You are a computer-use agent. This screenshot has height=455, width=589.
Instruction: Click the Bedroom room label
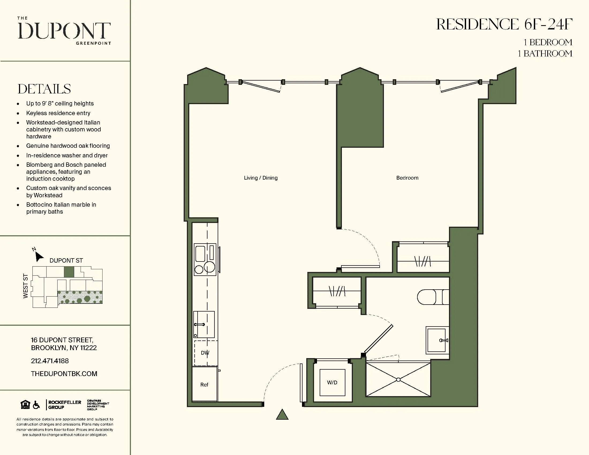click(x=407, y=178)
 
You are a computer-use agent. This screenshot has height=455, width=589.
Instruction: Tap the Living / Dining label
click(x=260, y=178)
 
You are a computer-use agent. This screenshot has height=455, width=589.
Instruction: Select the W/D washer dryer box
click(x=332, y=382)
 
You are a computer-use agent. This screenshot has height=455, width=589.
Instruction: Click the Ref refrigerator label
click(x=204, y=385)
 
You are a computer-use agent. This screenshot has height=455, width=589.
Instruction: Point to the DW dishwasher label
click(x=205, y=352)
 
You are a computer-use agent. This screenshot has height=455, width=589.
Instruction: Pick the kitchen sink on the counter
click(x=204, y=324)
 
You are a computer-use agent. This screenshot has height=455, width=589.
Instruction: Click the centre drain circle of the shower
click(x=398, y=380)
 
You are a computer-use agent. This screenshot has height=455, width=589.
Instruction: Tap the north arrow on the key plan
click(x=39, y=256)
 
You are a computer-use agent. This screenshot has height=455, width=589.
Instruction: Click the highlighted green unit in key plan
click(x=69, y=272)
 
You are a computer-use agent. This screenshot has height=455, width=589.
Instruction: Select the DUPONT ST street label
click(x=66, y=260)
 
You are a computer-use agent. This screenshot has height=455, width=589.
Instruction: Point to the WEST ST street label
click(x=26, y=286)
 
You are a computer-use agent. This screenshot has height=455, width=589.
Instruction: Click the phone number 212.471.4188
click(x=50, y=361)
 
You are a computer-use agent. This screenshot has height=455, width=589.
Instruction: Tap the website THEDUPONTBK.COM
click(x=64, y=374)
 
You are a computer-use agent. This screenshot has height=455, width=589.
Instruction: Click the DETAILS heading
click(x=44, y=89)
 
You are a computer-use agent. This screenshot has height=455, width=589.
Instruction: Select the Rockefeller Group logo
click(x=64, y=405)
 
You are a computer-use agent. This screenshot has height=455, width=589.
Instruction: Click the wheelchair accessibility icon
click(x=36, y=405)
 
